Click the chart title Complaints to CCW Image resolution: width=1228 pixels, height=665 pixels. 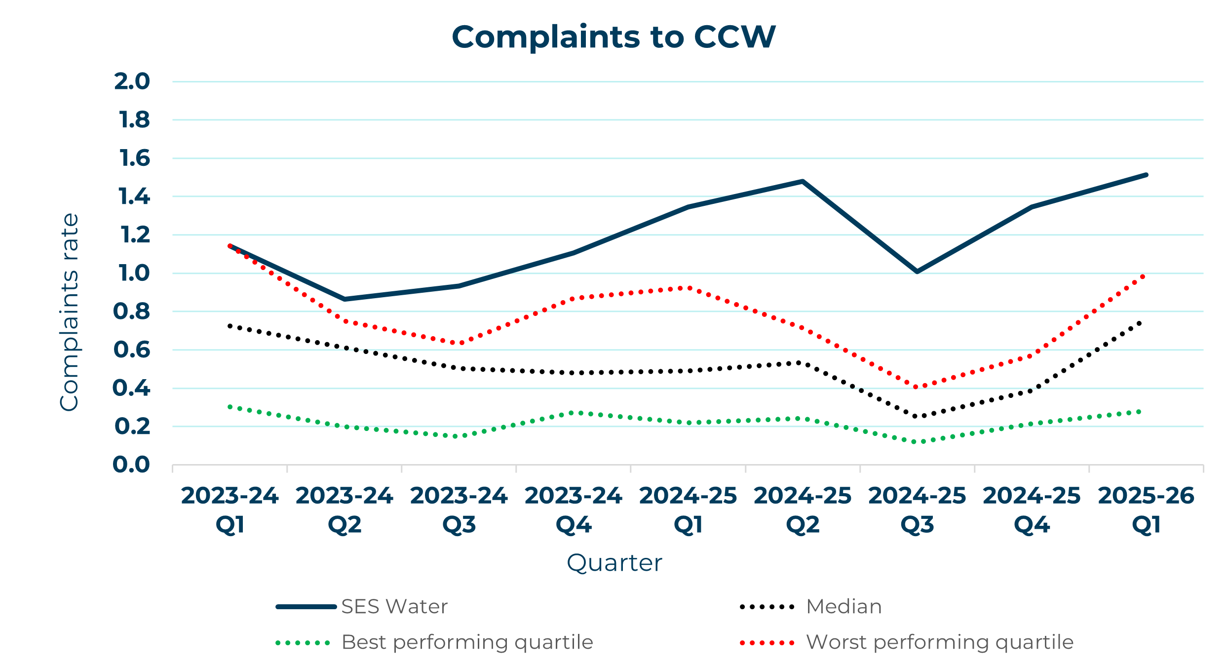point(614,37)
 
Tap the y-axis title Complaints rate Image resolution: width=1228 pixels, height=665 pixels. point(69,312)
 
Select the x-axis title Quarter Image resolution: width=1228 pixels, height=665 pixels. point(614,563)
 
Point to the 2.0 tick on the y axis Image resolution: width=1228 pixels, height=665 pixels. point(132,81)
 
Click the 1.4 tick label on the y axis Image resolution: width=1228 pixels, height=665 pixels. point(134,196)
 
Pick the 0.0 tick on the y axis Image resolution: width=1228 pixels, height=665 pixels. point(131,465)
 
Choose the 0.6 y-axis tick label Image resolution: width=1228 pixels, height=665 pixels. point(132,350)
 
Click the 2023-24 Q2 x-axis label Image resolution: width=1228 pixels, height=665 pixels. point(345,510)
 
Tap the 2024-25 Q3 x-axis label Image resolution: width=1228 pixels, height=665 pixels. point(917,510)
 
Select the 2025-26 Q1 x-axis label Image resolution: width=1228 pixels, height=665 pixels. point(1146,510)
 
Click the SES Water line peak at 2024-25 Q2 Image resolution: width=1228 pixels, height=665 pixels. point(803,182)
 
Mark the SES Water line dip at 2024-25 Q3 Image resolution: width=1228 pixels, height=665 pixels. point(917,272)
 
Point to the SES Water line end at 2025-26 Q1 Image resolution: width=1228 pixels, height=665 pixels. point(1146,175)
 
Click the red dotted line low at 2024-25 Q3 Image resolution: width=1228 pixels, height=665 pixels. point(917,387)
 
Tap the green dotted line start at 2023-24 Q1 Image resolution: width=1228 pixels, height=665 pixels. point(230,407)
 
